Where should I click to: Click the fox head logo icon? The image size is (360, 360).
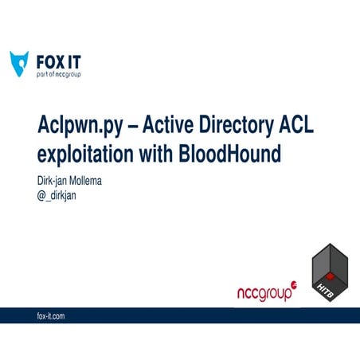coord(19,63)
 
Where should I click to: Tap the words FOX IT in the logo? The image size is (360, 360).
coord(59,60)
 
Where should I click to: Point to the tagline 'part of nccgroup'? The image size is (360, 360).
coord(59,74)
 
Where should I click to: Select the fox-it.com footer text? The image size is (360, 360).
coord(51,316)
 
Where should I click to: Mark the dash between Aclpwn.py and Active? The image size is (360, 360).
coord(127,127)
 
